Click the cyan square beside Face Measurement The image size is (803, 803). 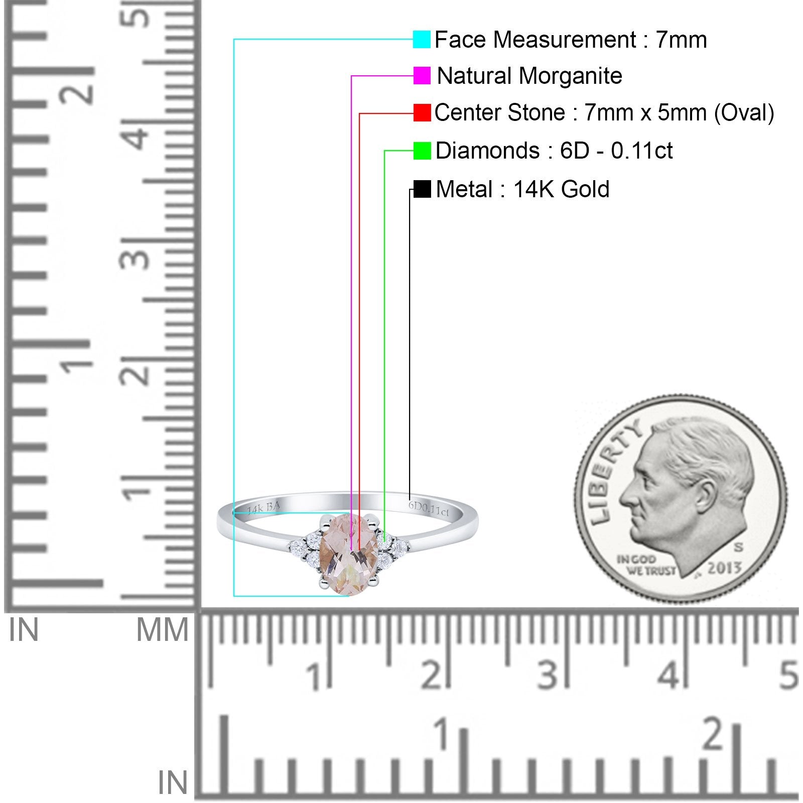tap(422, 39)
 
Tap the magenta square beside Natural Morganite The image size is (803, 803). tap(422, 76)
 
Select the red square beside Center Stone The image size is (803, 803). tap(422, 113)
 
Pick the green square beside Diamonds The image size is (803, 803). tap(422, 151)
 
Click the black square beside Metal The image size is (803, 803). tap(422, 189)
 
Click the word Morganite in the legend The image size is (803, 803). tap(570, 76)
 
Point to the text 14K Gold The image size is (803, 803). tap(561, 190)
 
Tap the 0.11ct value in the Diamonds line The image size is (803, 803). tap(641, 151)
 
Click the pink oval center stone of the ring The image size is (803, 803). tap(348, 554)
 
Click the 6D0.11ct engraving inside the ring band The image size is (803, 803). tap(429, 508)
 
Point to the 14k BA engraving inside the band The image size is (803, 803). tap(263, 508)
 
